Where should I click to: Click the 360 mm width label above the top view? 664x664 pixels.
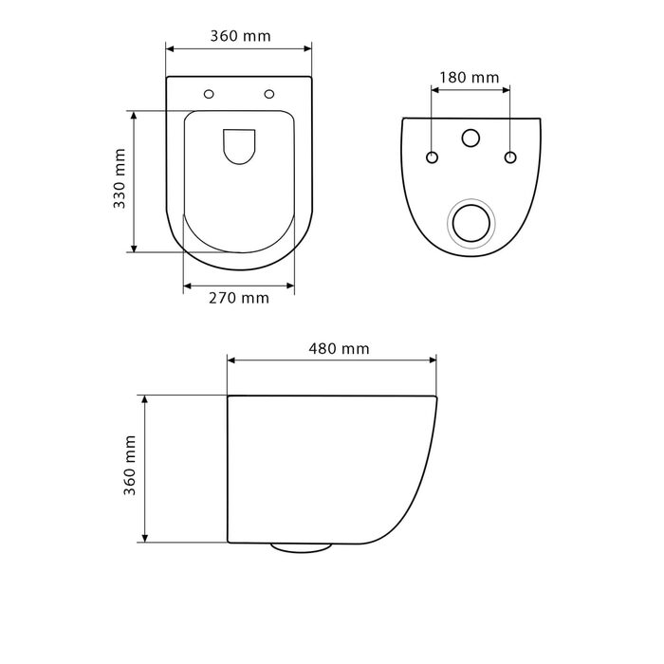(x=241, y=36)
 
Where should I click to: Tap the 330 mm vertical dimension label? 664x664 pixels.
(x=120, y=178)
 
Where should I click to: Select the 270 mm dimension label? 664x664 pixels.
(x=239, y=298)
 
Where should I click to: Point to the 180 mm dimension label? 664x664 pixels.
(x=470, y=78)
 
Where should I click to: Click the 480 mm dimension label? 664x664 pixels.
(x=339, y=348)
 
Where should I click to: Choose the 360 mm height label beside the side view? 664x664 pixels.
(x=130, y=465)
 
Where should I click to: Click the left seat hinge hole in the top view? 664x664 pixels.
(x=209, y=94)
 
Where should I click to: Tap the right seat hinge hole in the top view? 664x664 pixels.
(x=268, y=94)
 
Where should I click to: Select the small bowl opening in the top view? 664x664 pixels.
(x=239, y=146)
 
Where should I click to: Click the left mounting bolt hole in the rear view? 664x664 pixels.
(x=432, y=157)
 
